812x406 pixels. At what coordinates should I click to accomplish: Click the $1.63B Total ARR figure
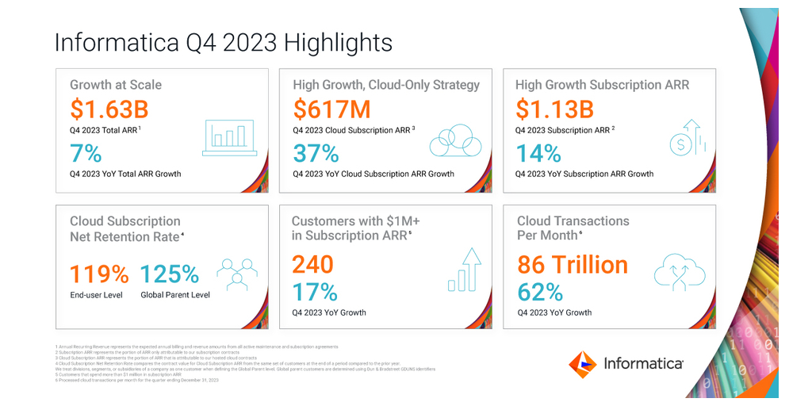tap(109, 109)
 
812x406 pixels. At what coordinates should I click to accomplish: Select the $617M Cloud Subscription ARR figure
tap(332, 109)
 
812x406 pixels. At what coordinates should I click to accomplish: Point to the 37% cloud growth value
tap(316, 152)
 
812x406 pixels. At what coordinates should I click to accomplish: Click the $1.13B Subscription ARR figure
tap(555, 109)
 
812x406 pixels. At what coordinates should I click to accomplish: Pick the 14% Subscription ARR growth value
tap(538, 152)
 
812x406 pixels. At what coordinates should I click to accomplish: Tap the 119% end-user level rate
tap(99, 274)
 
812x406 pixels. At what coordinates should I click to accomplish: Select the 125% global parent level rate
tap(170, 274)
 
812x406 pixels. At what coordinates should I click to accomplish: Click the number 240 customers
tap(312, 264)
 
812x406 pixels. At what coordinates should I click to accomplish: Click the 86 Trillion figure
tap(573, 264)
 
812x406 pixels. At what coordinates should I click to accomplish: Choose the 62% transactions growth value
tap(540, 292)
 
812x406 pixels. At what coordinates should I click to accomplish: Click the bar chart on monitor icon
tap(229, 136)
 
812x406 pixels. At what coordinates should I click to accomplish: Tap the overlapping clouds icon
tap(456, 140)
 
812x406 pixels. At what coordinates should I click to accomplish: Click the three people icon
tap(237, 274)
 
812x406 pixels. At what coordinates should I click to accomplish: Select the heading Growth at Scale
tap(116, 85)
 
